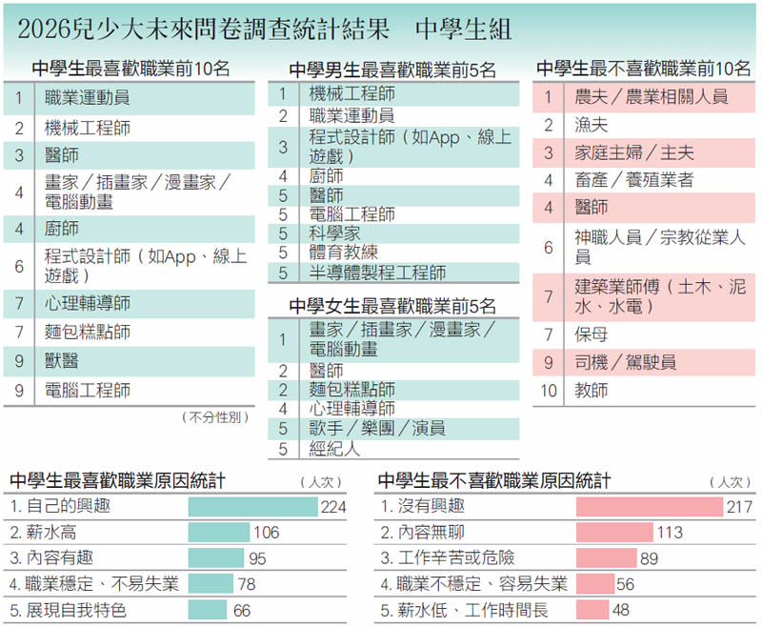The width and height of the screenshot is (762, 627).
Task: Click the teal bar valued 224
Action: coord(252,506)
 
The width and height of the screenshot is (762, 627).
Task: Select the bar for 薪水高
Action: coord(220,533)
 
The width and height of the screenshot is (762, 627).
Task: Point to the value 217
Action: coord(739,507)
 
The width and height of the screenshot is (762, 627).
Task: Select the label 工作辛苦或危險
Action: coord(448,558)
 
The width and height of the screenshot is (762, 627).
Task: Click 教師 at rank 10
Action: coord(591,390)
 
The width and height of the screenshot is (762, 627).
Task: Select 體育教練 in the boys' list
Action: coord(343,253)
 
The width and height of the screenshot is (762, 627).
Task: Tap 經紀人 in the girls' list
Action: coord(334,448)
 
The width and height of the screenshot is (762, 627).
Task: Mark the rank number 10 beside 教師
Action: coord(549,390)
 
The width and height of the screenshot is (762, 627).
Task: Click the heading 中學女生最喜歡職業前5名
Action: coord(392,306)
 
